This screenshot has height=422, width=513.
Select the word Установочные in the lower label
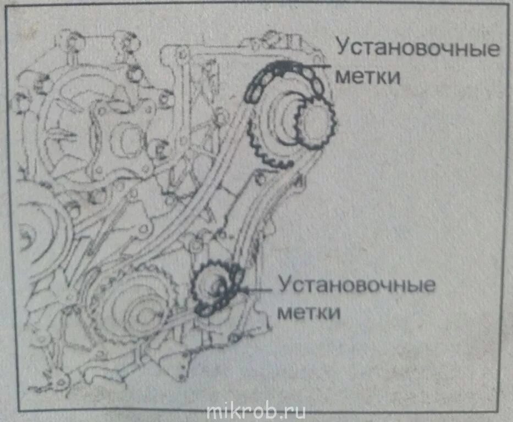[357, 286]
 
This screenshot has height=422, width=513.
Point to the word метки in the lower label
[309, 312]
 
